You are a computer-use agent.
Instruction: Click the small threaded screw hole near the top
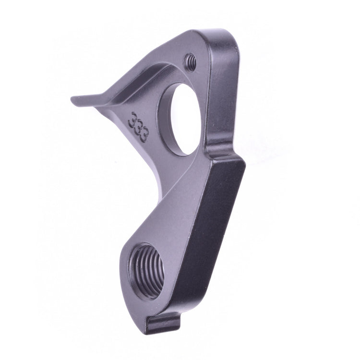tap(191, 60)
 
